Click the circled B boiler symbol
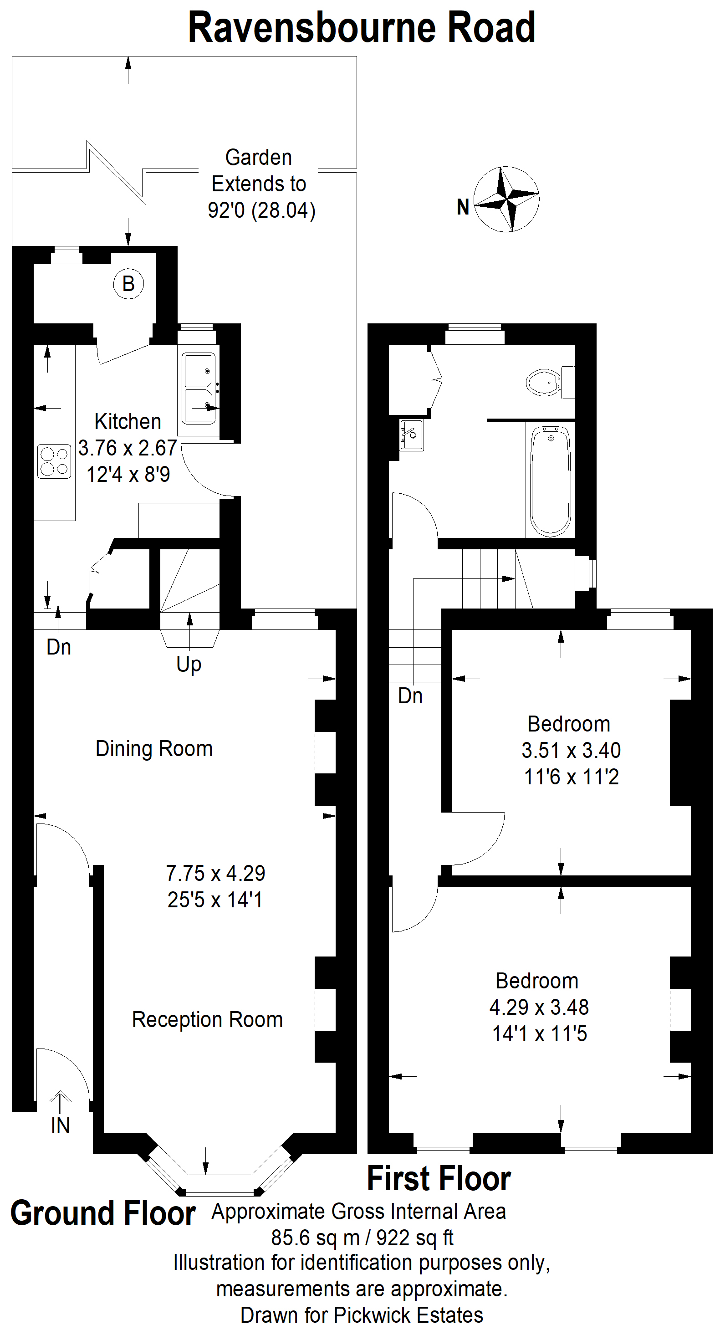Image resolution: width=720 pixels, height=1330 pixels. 128,283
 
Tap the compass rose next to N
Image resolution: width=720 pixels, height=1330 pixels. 506,199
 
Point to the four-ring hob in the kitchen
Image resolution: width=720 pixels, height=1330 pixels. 54,461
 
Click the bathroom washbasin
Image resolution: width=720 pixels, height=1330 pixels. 412,435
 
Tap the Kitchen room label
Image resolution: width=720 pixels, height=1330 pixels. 128,422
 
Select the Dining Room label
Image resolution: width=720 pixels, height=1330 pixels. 154,749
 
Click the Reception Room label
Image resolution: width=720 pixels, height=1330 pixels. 208,1020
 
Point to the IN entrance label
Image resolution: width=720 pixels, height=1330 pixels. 61,1126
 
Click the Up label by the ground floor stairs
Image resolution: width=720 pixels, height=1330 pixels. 189,665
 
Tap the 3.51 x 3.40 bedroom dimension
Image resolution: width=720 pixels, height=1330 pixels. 571,750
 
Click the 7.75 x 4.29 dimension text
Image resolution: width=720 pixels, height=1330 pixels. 215,874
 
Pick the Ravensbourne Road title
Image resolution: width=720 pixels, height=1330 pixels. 362,27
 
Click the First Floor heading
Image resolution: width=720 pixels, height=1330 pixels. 439,1179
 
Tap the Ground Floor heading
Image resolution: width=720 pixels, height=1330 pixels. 103,1213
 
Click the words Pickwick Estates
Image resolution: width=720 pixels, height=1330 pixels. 409,1315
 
